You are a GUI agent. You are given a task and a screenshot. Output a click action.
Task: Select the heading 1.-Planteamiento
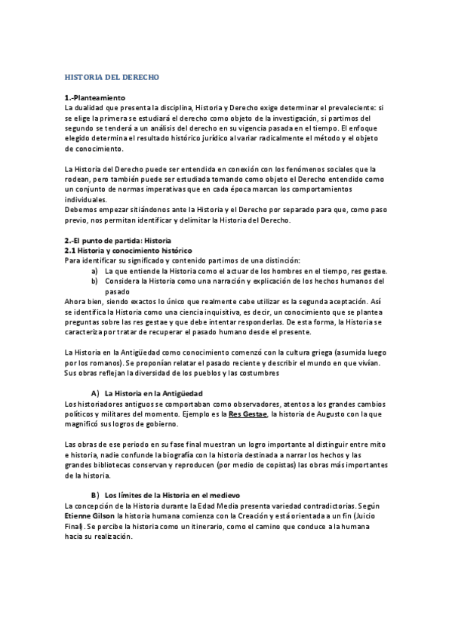(x=95, y=99)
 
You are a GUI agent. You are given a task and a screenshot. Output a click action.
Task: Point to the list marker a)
(x=94, y=271)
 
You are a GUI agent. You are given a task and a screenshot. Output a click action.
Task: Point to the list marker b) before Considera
(x=94, y=281)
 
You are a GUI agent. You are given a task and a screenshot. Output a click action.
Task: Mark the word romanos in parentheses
(x=97, y=363)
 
